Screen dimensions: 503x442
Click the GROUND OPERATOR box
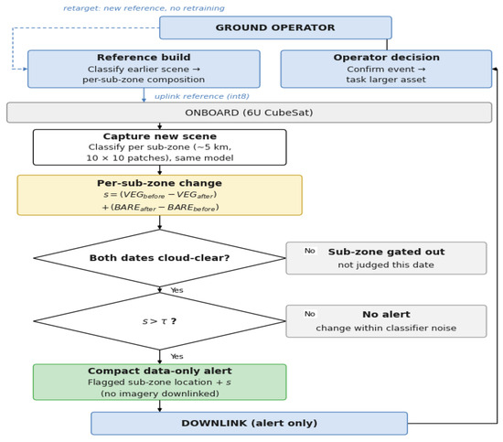275,27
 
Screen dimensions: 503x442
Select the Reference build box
144,69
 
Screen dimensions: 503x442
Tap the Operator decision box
386,69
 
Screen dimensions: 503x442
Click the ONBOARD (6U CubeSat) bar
249,113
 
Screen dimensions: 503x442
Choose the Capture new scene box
160,147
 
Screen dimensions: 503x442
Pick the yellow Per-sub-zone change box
160,195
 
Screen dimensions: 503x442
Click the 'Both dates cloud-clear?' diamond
160,258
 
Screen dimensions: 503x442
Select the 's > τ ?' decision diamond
160,321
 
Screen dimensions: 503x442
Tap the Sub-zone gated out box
386,258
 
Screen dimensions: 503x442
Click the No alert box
386,321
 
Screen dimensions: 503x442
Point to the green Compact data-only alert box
160,382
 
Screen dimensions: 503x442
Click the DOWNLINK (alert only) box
250,424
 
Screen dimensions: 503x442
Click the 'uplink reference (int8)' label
202,96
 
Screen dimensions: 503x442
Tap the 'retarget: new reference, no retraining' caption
144,8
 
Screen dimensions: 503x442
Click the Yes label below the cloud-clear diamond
177,290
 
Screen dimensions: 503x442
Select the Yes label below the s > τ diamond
177,356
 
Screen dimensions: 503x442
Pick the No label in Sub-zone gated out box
309,251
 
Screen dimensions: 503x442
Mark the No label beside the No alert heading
309,314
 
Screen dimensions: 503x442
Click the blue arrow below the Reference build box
144,95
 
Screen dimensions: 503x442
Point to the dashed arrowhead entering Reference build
26,69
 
